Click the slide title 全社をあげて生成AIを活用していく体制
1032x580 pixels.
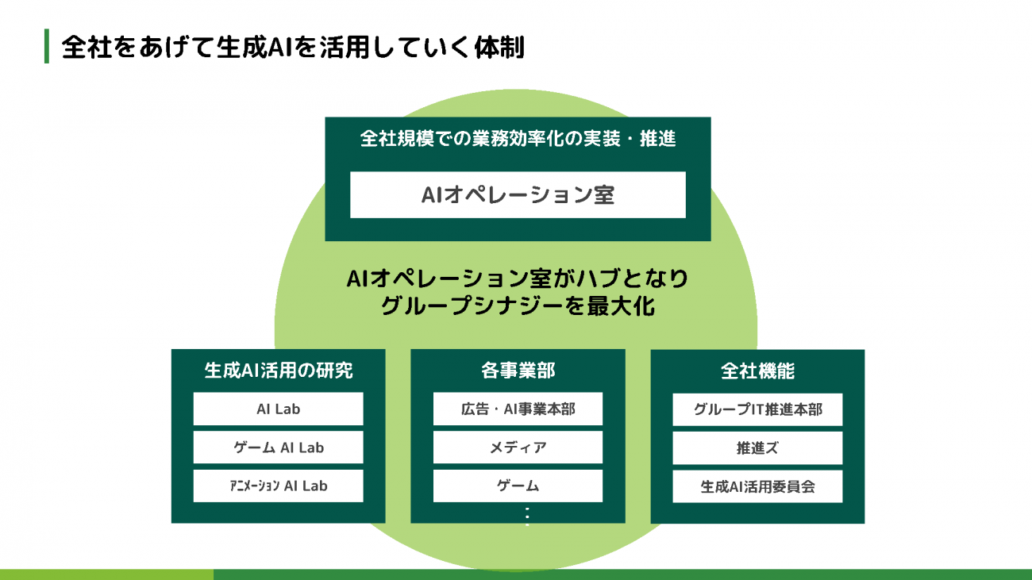point(292,47)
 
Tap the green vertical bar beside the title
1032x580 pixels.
point(47,47)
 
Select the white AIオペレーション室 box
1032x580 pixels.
point(518,194)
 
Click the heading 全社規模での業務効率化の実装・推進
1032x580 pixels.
point(518,140)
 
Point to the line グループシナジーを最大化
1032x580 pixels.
point(518,306)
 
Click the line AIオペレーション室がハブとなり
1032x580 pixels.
point(518,279)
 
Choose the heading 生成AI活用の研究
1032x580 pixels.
point(278,371)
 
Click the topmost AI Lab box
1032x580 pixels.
point(278,409)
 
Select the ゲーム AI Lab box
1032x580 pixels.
point(278,447)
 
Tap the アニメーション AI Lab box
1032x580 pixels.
point(278,486)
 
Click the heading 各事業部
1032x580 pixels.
point(518,371)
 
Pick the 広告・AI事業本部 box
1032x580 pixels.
point(518,409)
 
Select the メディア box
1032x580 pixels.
point(518,447)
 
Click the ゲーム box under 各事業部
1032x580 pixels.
point(518,486)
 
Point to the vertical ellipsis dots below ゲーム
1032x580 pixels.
point(526,516)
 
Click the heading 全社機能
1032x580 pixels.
point(757,371)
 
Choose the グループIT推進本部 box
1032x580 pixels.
point(757,409)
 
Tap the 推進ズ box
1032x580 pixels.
point(757,447)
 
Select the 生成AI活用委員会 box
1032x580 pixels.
point(757,486)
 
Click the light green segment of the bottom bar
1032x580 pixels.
point(106,574)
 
